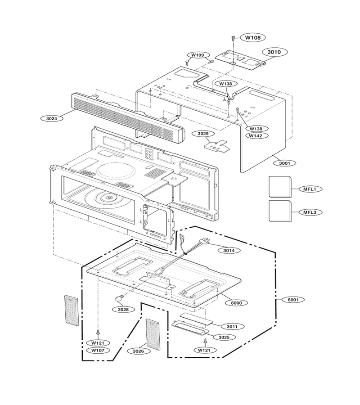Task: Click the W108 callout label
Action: [x=253, y=37]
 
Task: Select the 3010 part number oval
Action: [x=274, y=52]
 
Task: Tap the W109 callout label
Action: [x=198, y=55]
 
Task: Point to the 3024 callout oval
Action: [x=52, y=118]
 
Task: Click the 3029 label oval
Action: [x=203, y=134]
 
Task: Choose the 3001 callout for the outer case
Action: [x=284, y=163]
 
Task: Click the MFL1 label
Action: [x=310, y=189]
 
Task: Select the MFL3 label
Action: [x=310, y=212]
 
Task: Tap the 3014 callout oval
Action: [x=229, y=250]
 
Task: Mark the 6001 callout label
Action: [x=292, y=300]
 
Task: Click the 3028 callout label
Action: [x=123, y=309]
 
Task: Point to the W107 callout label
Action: [x=98, y=350]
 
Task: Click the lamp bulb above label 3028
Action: [x=118, y=298]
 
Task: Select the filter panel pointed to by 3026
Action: [x=153, y=335]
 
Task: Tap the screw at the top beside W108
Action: [x=233, y=38]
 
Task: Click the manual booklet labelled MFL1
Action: [x=280, y=186]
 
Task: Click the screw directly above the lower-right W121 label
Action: [x=205, y=341]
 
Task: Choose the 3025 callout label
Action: [x=224, y=337]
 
